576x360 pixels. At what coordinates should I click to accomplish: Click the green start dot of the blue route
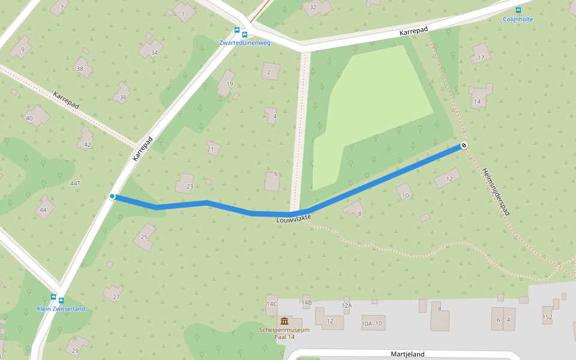pyautogui.click(x=112, y=196)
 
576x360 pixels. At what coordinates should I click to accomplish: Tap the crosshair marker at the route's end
pyautogui.click(x=464, y=146)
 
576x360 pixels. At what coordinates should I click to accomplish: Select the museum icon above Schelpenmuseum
pyautogui.click(x=284, y=322)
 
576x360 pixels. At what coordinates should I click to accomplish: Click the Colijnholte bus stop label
pyautogui.click(x=518, y=19)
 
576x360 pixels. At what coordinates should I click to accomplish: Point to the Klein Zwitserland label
pyautogui.click(x=61, y=309)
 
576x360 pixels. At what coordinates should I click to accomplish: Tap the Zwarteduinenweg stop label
pyautogui.click(x=245, y=43)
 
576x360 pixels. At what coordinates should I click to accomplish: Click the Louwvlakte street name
pyautogui.click(x=296, y=220)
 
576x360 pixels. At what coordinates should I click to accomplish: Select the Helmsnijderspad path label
pyautogui.click(x=496, y=191)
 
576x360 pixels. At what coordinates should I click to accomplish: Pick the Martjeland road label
pyautogui.click(x=407, y=354)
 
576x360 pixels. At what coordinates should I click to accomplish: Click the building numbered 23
pyautogui.click(x=186, y=184)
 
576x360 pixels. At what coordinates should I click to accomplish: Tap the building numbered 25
pyautogui.click(x=145, y=236)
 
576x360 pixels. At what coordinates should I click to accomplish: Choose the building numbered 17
pyautogui.click(x=481, y=56)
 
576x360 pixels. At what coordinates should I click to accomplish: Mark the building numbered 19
pyautogui.click(x=227, y=82)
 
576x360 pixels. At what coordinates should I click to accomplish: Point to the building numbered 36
pyautogui.click(x=122, y=95)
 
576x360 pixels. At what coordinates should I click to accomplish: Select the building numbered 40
pyautogui.click(x=35, y=116)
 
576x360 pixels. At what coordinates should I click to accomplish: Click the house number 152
pyautogui.click(x=547, y=316)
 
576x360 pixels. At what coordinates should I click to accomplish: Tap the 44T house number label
pyautogui.click(x=75, y=183)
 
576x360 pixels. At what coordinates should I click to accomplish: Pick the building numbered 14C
pyautogui.click(x=272, y=304)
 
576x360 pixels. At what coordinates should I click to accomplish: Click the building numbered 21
pyautogui.click(x=212, y=149)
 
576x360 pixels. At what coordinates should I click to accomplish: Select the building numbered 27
pyautogui.click(x=114, y=295)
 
